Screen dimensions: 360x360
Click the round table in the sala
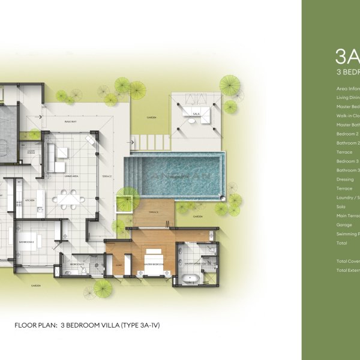(191, 121)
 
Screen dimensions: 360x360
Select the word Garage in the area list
(344, 224)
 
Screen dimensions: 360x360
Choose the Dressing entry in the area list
(345, 179)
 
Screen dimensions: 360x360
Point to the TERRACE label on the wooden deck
(153, 212)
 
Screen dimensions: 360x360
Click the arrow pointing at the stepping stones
(129, 143)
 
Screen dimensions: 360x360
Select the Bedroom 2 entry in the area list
(348, 134)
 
